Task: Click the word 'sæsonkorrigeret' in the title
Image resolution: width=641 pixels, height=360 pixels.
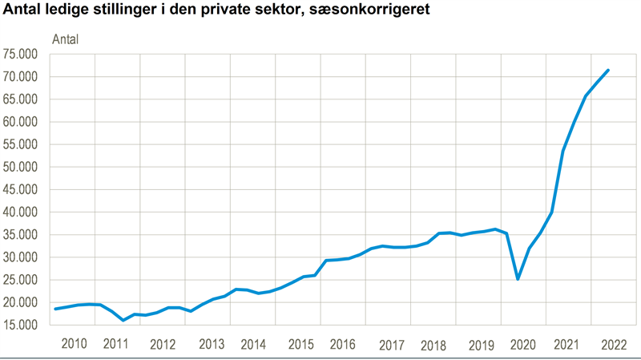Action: coord(364,12)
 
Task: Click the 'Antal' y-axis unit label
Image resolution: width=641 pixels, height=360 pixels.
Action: coord(65,39)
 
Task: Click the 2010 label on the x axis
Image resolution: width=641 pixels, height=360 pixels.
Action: coord(74,345)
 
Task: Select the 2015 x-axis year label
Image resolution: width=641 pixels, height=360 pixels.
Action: coord(300,345)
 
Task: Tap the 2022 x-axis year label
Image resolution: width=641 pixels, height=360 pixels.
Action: coord(612,345)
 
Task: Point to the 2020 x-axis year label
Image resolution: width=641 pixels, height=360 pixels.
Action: coord(522,345)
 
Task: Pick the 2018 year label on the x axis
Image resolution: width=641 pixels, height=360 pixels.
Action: coord(433,345)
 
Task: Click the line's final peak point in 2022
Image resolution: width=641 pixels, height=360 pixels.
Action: coord(608,70)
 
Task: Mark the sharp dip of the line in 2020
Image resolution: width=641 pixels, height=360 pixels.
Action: coord(518,279)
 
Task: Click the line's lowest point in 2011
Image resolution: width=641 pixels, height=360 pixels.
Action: coord(123,320)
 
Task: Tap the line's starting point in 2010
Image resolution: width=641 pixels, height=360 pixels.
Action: coord(55,309)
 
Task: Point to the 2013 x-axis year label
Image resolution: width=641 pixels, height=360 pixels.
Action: coord(212,345)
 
